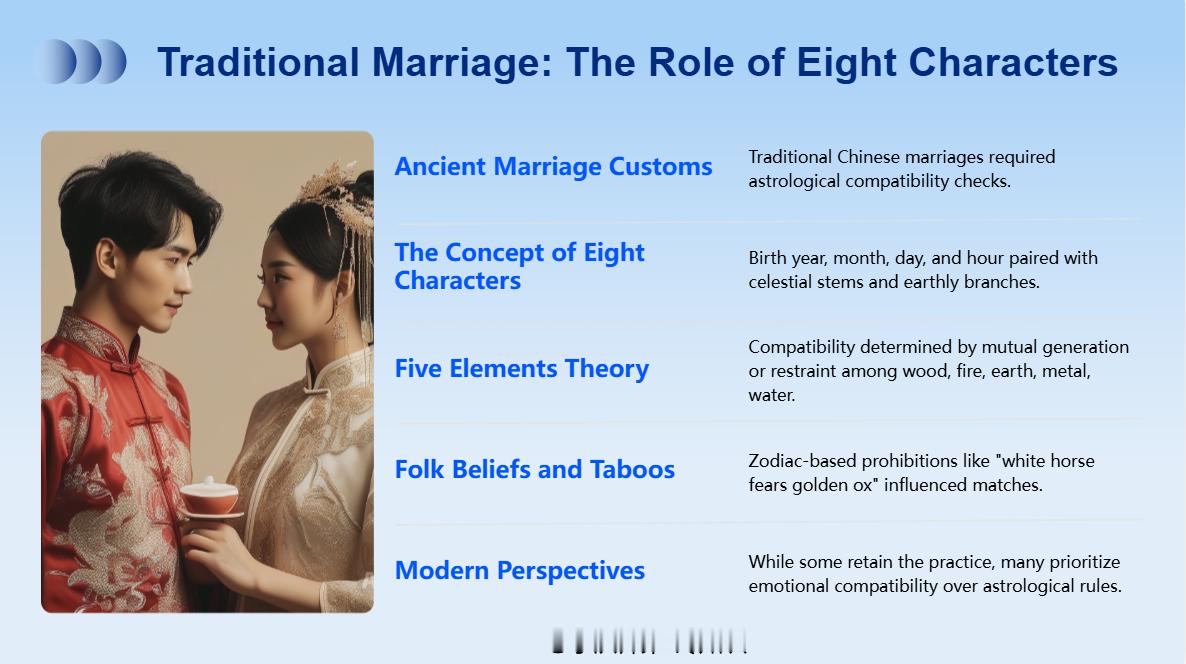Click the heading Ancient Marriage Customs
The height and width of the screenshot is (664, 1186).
(x=553, y=166)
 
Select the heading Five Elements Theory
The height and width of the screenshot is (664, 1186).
(x=522, y=368)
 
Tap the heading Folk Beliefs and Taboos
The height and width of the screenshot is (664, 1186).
(x=535, y=469)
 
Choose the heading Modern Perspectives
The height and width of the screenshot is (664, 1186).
(x=520, y=570)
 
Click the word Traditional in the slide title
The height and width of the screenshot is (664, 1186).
(x=258, y=62)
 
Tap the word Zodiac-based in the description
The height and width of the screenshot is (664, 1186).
(x=802, y=461)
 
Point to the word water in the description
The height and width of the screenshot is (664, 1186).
(x=772, y=395)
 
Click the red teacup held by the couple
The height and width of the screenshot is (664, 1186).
(x=209, y=499)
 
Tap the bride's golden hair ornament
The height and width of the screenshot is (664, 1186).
(x=339, y=197)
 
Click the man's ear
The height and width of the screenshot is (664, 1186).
(x=107, y=257)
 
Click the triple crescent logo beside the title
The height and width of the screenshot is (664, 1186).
(x=84, y=61)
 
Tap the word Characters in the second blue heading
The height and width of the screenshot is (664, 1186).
(x=458, y=281)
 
